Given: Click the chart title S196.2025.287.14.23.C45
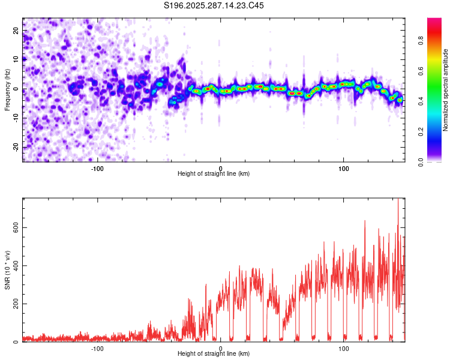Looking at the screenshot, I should point(214,5).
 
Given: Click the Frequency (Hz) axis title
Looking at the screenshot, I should point(7,89).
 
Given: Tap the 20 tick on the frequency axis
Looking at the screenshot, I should point(16,30).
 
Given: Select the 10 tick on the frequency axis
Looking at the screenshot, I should point(16,59).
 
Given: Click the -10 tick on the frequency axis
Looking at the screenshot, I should point(16,118).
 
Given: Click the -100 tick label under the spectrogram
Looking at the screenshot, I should point(97,169).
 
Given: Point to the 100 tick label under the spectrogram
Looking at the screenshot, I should point(344,169).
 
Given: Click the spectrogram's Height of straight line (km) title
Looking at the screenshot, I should point(214,174).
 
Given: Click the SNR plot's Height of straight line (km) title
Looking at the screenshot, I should point(214,354).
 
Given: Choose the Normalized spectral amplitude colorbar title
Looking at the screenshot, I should point(446,90).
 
